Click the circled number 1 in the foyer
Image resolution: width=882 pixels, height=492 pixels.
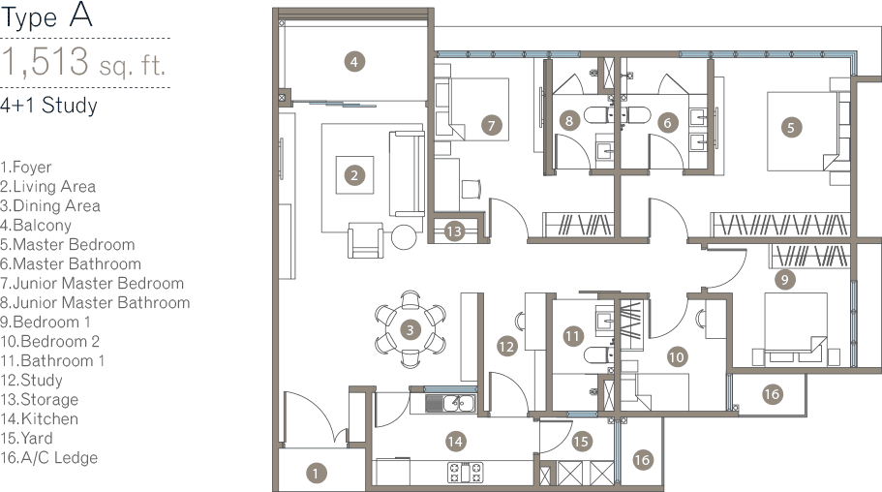click(315, 473)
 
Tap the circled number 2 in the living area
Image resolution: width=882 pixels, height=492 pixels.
click(355, 175)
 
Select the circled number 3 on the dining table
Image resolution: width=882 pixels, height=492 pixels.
click(410, 329)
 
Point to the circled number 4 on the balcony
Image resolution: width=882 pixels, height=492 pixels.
click(355, 62)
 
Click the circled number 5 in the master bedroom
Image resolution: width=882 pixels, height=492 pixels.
click(791, 126)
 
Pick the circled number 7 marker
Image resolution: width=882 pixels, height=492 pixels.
click(491, 124)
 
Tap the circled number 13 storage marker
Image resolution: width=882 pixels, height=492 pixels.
click(454, 231)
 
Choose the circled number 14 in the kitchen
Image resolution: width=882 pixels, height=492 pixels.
click(455, 442)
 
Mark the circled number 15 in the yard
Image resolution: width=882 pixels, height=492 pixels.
click(580, 442)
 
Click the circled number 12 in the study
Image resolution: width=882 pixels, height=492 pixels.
click(505, 345)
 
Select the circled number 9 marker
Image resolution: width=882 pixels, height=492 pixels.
click(785, 280)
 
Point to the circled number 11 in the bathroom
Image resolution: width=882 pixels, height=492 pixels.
click(573, 336)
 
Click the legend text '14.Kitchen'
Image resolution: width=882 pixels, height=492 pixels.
click(40, 419)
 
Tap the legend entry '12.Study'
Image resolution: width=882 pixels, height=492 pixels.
click(33, 381)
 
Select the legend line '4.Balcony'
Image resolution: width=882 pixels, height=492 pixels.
click(37, 226)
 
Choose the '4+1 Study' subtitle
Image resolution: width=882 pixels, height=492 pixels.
click(49, 106)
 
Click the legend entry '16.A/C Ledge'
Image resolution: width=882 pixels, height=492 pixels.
click(49, 458)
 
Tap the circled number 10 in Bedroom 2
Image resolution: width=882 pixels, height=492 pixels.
click(677, 356)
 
